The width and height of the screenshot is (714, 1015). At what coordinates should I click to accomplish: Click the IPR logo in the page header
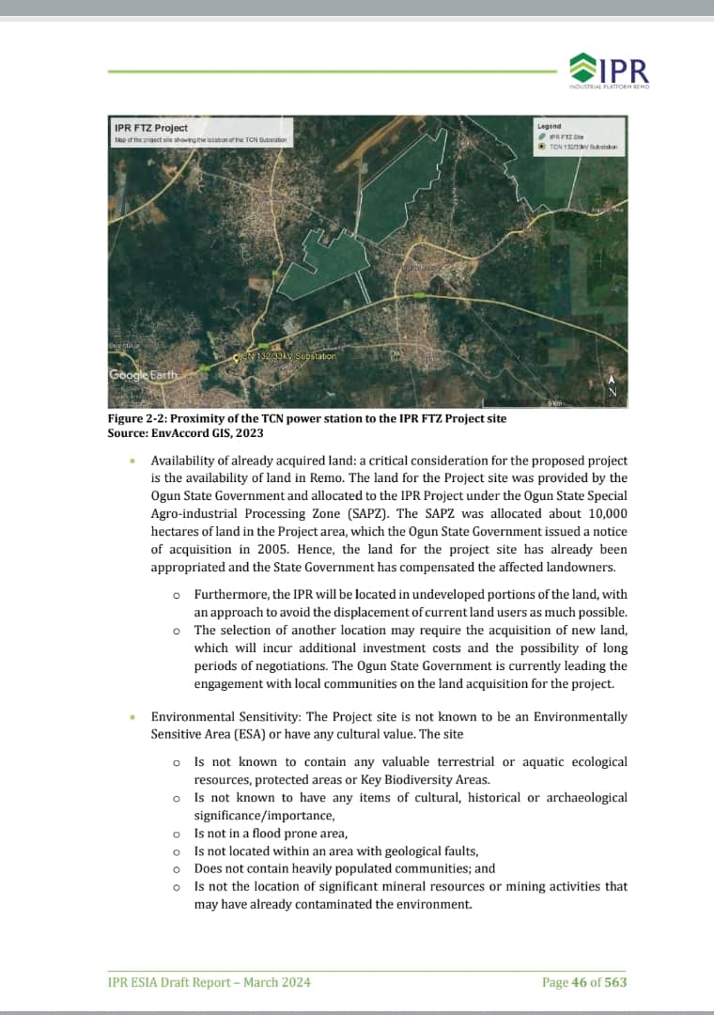(610, 70)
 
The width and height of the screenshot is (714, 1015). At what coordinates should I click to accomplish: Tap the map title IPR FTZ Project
(150, 128)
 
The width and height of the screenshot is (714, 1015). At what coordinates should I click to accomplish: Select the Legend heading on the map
(549, 126)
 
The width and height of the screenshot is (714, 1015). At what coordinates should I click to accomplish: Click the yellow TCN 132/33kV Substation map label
(287, 356)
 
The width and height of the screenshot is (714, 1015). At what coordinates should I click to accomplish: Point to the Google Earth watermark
(137, 376)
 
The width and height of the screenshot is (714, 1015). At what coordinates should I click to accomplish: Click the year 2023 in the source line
(247, 432)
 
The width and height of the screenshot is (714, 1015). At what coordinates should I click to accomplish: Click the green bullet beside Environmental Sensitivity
(133, 717)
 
